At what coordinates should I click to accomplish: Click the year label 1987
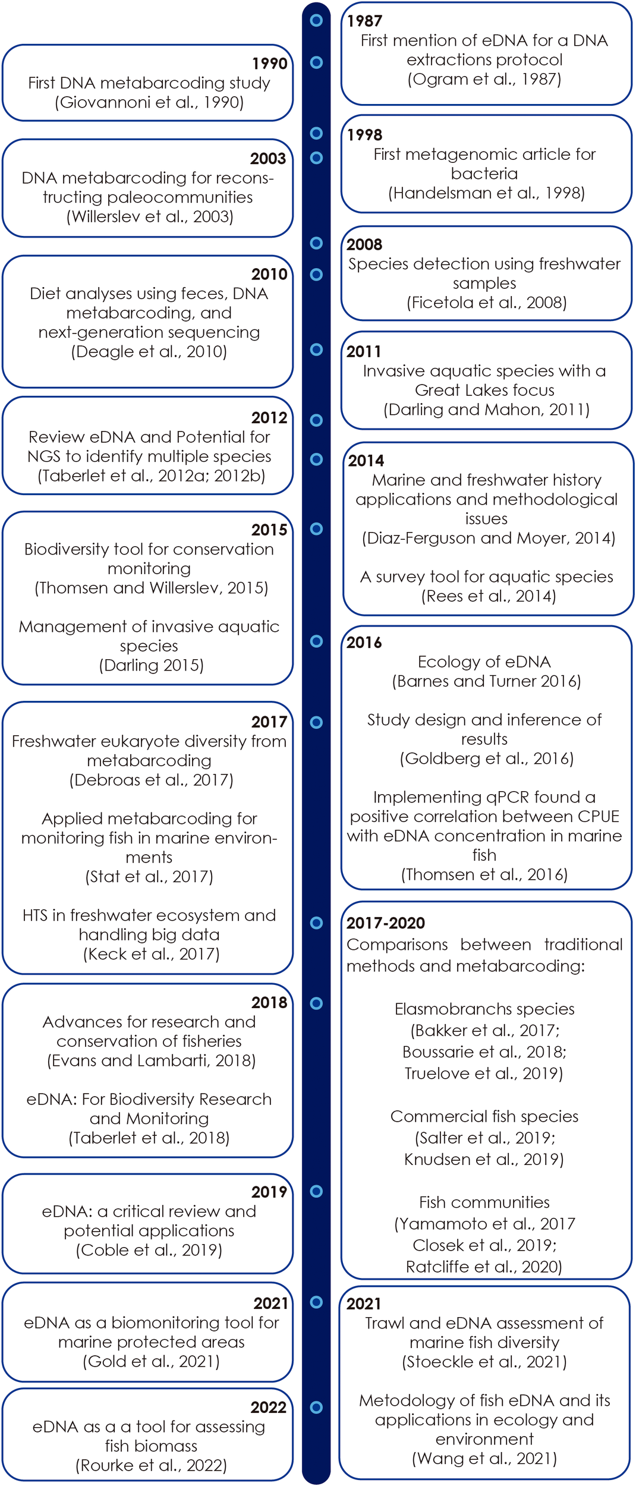pyautogui.click(x=364, y=21)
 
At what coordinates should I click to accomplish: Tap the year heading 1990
pyautogui.click(x=269, y=64)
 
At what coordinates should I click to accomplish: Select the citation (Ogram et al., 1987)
pyautogui.click(x=484, y=79)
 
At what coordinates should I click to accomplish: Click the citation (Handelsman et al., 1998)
pyautogui.click(x=486, y=193)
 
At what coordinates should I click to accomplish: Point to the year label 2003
pyautogui.click(x=268, y=159)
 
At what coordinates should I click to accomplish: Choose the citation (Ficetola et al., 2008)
pyautogui.click(x=486, y=303)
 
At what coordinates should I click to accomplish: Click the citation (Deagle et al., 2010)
pyautogui.click(x=149, y=351)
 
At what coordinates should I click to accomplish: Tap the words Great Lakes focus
pyautogui.click(x=484, y=390)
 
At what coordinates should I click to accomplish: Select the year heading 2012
pyautogui.click(x=269, y=418)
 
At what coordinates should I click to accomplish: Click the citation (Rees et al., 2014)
pyautogui.click(x=489, y=596)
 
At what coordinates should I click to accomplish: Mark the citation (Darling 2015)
pyautogui.click(x=152, y=665)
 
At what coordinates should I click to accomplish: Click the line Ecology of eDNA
pyautogui.click(x=484, y=662)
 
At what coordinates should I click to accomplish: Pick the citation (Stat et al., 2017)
pyautogui.click(x=149, y=877)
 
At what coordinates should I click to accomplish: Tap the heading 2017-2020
pyautogui.click(x=386, y=923)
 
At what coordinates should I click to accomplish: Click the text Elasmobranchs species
pyautogui.click(x=484, y=1009)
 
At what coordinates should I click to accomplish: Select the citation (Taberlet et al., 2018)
pyautogui.click(x=149, y=1138)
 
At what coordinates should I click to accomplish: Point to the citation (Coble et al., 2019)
pyautogui.click(x=149, y=1250)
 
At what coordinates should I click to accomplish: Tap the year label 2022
pyautogui.click(x=268, y=1408)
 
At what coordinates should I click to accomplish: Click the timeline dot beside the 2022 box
pyautogui.click(x=316, y=1408)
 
